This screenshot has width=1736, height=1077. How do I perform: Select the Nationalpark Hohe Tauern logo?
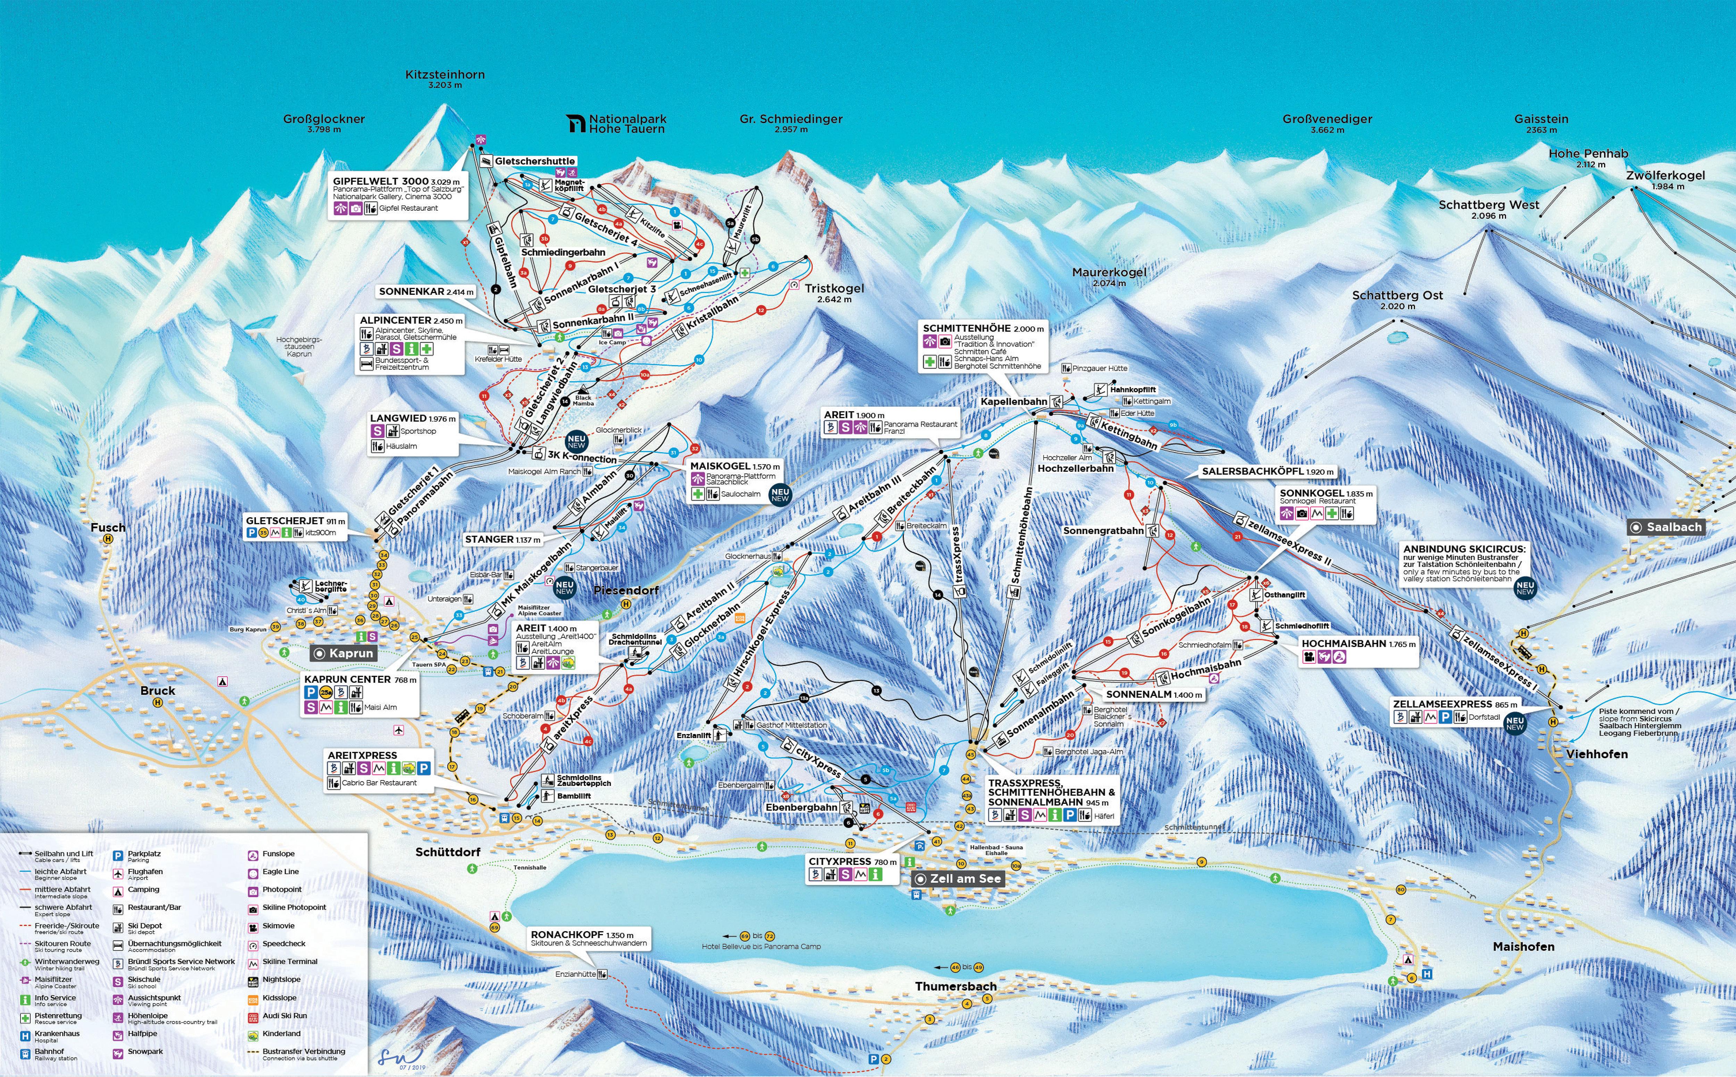tap(576, 124)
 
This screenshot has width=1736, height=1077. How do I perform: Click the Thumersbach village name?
tap(955, 986)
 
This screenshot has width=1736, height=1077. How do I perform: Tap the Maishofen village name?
tap(1523, 947)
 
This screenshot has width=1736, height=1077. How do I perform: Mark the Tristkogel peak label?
tap(834, 289)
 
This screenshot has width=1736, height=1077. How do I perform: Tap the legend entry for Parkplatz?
tap(144, 854)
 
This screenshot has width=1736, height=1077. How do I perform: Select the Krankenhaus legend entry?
tap(57, 1034)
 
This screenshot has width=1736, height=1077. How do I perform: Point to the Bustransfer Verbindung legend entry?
tap(303, 1051)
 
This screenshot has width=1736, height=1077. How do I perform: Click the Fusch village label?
tap(108, 528)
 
